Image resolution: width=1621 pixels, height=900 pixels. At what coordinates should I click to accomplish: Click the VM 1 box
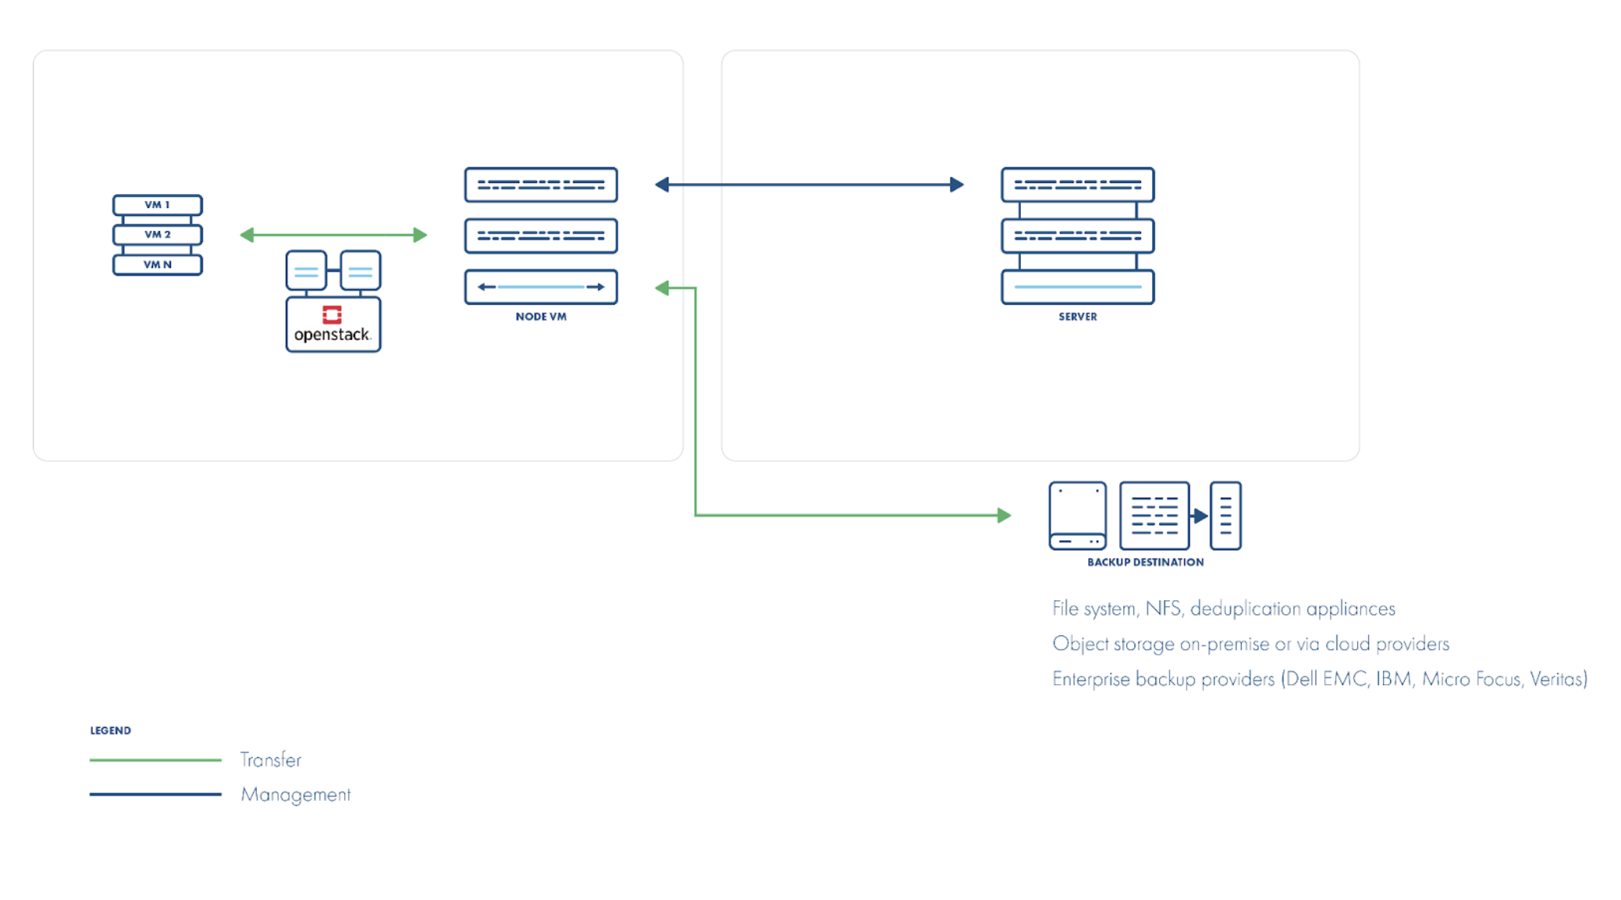tap(157, 205)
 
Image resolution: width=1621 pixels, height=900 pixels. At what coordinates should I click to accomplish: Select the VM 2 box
tap(157, 235)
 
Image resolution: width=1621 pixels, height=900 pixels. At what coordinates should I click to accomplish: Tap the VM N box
tap(157, 265)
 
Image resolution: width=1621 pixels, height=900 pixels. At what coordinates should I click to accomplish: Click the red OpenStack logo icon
tap(332, 315)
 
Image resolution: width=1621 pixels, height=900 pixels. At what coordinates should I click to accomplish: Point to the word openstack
tap(331, 335)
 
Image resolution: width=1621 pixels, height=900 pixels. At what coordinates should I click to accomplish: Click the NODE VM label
tap(541, 316)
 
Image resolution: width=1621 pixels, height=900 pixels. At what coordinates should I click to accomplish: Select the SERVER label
tap(1078, 316)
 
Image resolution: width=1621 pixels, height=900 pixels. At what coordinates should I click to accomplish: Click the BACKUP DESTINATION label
tap(1145, 562)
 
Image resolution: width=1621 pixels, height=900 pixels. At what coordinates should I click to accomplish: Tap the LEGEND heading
tap(111, 730)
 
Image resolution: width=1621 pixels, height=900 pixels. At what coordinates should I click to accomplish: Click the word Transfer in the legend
tap(271, 760)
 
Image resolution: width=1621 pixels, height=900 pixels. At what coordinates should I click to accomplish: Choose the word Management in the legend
tap(296, 795)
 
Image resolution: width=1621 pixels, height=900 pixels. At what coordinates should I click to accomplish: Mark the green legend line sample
tap(156, 760)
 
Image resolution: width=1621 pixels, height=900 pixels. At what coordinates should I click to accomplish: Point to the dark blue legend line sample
tap(156, 794)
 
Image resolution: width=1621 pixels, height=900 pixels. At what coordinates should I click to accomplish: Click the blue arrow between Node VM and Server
tap(810, 185)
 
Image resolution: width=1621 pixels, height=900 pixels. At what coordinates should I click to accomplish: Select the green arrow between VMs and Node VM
tap(334, 235)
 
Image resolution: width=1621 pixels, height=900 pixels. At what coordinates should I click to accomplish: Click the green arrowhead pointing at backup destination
tap(1004, 515)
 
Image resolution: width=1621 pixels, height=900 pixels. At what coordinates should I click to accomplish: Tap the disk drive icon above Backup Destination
tap(1078, 516)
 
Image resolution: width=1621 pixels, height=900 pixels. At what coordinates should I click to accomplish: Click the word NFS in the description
tap(1164, 609)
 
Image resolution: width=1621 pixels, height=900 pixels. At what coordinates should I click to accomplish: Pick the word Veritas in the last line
tap(1557, 679)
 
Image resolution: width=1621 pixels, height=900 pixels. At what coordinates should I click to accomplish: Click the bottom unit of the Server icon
tap(1078, 287)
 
